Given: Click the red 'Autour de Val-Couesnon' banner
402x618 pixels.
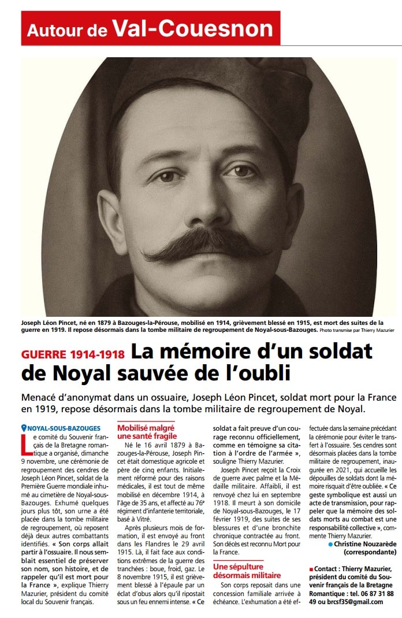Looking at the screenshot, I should coord(150,28).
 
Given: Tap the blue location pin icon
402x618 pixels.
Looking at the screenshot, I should coord(24,428).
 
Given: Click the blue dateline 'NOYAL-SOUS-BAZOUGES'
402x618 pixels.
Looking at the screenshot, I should coord(64,428).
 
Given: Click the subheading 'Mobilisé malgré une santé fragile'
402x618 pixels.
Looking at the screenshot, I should coord(147,432).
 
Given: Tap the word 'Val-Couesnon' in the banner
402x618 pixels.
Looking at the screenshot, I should coord(192,28).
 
